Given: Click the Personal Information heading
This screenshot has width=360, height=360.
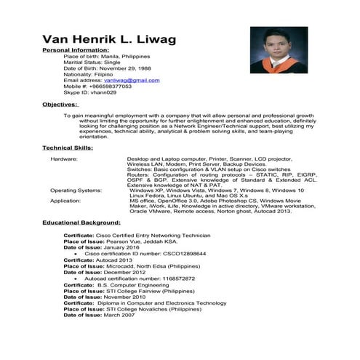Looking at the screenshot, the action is (x=76, y=51).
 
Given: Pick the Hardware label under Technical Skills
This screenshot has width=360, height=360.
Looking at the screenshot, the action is (x=64, y=158).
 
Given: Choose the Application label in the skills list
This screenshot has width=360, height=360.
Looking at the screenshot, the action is (x=66, y=200).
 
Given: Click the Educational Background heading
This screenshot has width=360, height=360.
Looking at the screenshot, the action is (x=81, y=222).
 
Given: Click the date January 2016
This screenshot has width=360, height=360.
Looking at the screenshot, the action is (x=122, y=247).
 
